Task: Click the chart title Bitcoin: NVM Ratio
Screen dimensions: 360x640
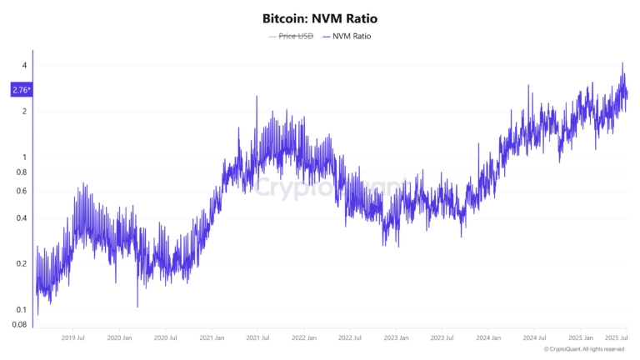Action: click(x=319, y=17)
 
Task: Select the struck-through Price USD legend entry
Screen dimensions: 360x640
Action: click(x=291, y=37)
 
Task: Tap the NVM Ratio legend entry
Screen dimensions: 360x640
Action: click(x=345, y=37)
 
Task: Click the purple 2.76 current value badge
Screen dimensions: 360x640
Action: click(x=21, y=89)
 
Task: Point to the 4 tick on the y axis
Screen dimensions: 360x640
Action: click(x=25, y=66)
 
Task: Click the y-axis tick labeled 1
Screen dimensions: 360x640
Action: click(x=25, y=157)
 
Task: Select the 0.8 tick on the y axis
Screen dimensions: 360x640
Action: click(x=22, y=172)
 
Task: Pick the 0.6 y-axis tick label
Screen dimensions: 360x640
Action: click(x=22, y=192)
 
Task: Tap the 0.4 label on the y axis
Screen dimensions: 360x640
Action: click(x=22, y=218)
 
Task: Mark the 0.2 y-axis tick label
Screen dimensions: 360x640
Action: click(x=22, y=264)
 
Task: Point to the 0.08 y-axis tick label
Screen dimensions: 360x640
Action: click(x=20, y=325)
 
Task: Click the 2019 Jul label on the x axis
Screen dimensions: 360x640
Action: click(x=73, y=338)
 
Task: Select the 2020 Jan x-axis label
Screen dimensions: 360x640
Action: click(x=120, y=338)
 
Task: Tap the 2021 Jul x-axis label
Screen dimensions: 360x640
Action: click(x=259, y=338)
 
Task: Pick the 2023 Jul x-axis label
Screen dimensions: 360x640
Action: click(x=442, y=338)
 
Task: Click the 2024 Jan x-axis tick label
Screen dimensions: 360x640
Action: click(x=489, y=338)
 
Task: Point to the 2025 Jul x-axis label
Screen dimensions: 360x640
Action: click(x=617, y=338)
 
